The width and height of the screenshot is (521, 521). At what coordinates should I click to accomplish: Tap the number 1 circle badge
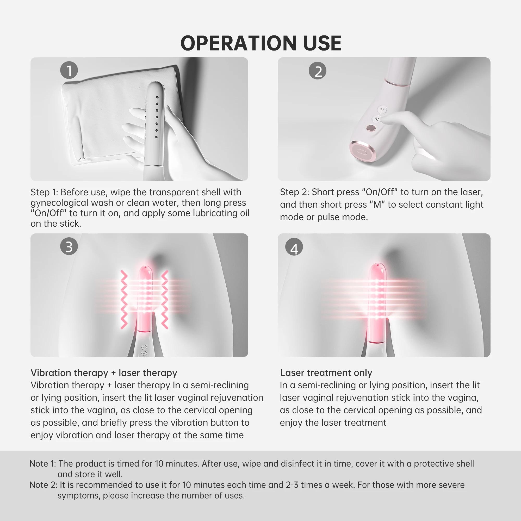(69, 70)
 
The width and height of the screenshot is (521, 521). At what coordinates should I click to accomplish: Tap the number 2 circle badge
(317, 71)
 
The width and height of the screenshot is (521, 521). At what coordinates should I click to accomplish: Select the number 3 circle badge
(69, 246)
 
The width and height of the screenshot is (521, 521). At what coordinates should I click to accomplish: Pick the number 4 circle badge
(294, 247)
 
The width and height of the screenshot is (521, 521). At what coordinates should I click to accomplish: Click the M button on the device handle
(376, 119)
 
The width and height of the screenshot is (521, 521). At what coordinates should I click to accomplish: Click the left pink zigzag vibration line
(124, 299)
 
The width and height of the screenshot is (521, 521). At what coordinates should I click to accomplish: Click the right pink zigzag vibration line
(165, 299)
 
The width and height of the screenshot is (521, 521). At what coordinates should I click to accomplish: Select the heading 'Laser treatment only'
(326, 373)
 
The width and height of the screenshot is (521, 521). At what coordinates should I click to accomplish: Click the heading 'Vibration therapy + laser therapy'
(104, 373)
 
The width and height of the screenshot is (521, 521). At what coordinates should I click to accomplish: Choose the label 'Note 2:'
(43, 485)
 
